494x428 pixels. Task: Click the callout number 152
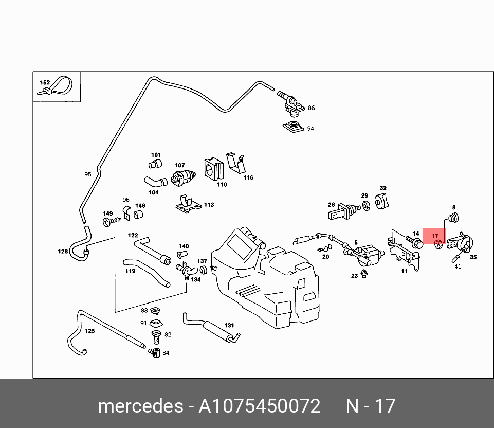click(x=45, y=82)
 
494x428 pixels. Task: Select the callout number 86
click(x=311, y=108)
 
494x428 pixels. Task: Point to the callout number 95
click(x=88, y=175)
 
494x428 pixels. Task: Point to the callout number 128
click(x=63, y=252)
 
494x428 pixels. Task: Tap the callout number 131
click(x=229, y=326)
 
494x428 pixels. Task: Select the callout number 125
click(x=89, y=331)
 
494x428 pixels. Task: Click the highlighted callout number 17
click(x=435, y=236)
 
